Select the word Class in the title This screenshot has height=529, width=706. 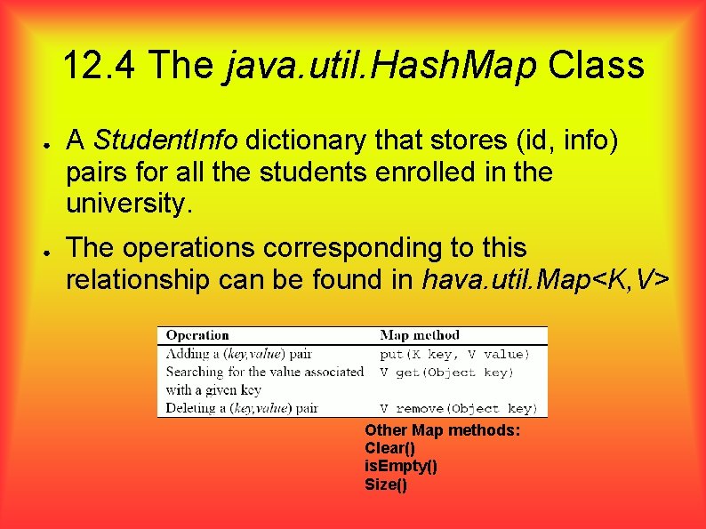coord(597,65)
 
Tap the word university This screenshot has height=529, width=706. coord(129,205)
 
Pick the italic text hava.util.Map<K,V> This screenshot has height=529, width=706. coord(546,281)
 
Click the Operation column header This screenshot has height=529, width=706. coord(197,335)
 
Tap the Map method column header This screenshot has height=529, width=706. coord(420,335)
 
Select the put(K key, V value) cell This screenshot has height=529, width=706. coord(454,354)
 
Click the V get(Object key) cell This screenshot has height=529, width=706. coord(446,373)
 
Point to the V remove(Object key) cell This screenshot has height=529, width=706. coord(458,409)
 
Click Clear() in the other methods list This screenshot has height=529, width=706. coord(389,449)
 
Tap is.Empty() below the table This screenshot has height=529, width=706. coord(400,467)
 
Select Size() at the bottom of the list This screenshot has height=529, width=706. coord(386,485)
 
